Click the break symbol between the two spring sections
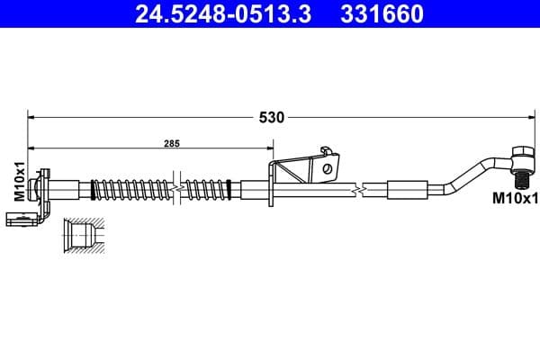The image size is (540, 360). pyautogui.click(x=179, y=190)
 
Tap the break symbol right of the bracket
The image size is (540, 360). pyautogui.click(x=360, y=190)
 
